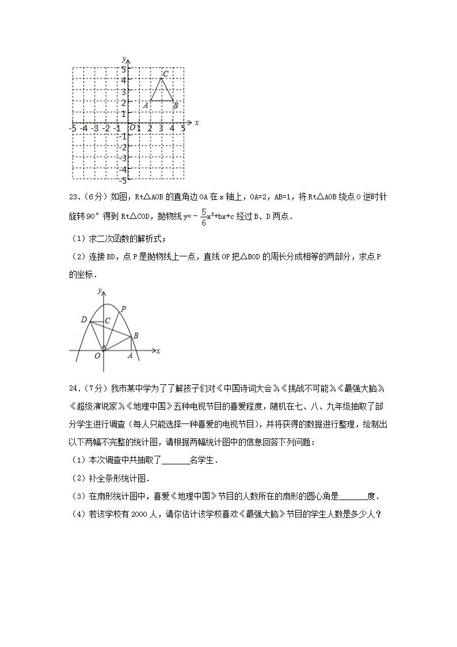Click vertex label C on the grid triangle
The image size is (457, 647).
[x=165, y=74]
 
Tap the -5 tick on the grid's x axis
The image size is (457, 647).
[x=72, y=128]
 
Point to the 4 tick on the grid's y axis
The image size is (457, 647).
[x=124, y=80]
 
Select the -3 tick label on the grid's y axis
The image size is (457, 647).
[x=123, y=158]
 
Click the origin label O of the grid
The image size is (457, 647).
[x=132, y=128]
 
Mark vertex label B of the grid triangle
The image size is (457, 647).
[x=175, y=105]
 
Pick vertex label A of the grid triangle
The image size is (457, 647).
[x=146, y=105]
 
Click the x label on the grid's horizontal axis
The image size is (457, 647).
[x=196, y=123]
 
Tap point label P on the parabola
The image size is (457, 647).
[x=123, y=309]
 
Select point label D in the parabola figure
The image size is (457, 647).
[x=84, y=320]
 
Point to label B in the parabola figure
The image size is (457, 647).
[x=136, y=336]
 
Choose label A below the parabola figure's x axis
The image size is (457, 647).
[x=130, y=356]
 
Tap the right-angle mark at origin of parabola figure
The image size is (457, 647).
[x=104, y=348]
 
